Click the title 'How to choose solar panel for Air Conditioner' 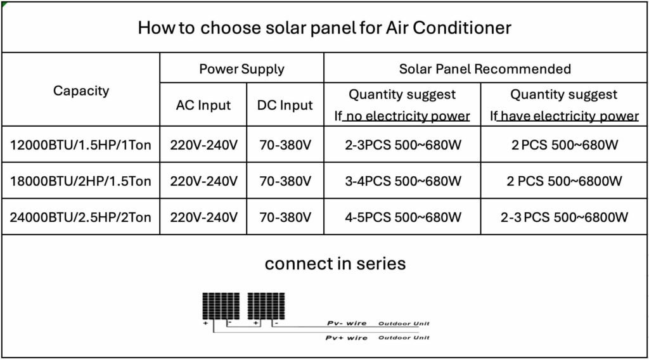(324, 28)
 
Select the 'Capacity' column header (81, 91)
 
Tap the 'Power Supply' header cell (241, 68)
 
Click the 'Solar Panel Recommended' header (485, 68)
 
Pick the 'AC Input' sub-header (203, 105)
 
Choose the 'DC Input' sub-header (285, 105)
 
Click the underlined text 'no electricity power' (408, 116)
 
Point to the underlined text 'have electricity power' (570, 116)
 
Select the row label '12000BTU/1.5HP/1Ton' (80, 145)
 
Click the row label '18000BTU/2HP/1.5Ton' (80, 181)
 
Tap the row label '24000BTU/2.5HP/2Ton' (80, 217)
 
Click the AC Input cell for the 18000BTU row (203, 181)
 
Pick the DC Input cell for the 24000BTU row (285, 217)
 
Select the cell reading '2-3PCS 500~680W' (403, 145)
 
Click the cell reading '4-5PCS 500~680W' (403, 217)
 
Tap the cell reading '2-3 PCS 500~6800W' (564, 217)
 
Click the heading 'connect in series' (335, 264)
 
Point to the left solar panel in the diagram (221, 305)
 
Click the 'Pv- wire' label (347, 323)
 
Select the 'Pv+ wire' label (347, 338)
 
